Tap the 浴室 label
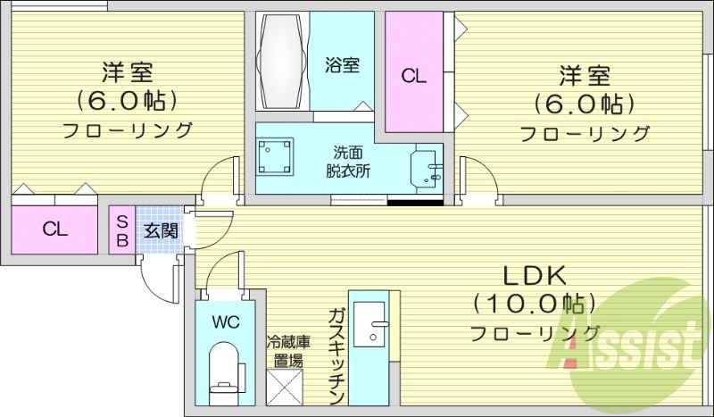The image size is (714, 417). click(x=342, y=64)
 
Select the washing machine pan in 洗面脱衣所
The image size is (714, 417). click(x=278, y=159)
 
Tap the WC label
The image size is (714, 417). click(x=223, y=321)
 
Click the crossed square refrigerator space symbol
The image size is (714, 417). click(x=287, y=389)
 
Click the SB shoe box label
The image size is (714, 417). click(x=122, y=231)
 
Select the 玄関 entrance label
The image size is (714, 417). click(x=162, y=231)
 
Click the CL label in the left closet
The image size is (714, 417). click(x=55, y=229)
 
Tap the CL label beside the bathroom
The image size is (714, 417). click(x=413, y=76)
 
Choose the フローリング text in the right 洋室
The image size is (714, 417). click(x=585, y=134)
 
